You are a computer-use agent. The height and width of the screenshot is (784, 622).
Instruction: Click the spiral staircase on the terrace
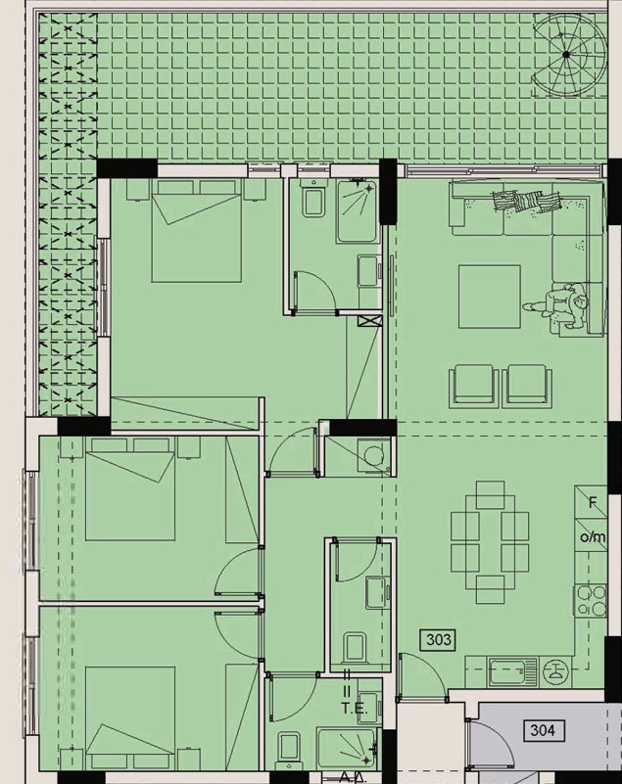pos(567,55)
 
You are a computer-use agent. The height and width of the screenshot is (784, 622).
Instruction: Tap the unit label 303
pos(439,639)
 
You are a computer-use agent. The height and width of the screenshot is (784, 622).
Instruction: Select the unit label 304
pos(543,730)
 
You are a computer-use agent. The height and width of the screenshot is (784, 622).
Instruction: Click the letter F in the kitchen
pos(593,502)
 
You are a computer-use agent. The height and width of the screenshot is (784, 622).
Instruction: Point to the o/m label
pos(593,537)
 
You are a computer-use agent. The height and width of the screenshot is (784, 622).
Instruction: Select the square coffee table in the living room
pos(490,297)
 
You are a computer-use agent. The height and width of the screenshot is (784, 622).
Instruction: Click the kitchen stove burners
pos(591,600)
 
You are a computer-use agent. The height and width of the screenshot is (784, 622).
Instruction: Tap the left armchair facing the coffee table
pos(473,384)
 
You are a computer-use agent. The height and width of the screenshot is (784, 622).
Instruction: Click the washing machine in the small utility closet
pos(373,455)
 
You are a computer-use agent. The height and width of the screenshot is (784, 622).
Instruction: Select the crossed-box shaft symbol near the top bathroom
pos(370,320)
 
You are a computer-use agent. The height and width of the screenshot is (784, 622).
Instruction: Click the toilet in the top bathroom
pos(313,199)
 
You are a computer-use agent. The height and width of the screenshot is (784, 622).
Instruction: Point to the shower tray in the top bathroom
pos(356,211)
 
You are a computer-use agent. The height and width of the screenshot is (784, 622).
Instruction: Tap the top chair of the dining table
pos(491,495)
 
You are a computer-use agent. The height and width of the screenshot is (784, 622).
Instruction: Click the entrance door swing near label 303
pos(422,676)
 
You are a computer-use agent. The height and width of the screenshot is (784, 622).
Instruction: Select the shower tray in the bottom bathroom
pos(347,747)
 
